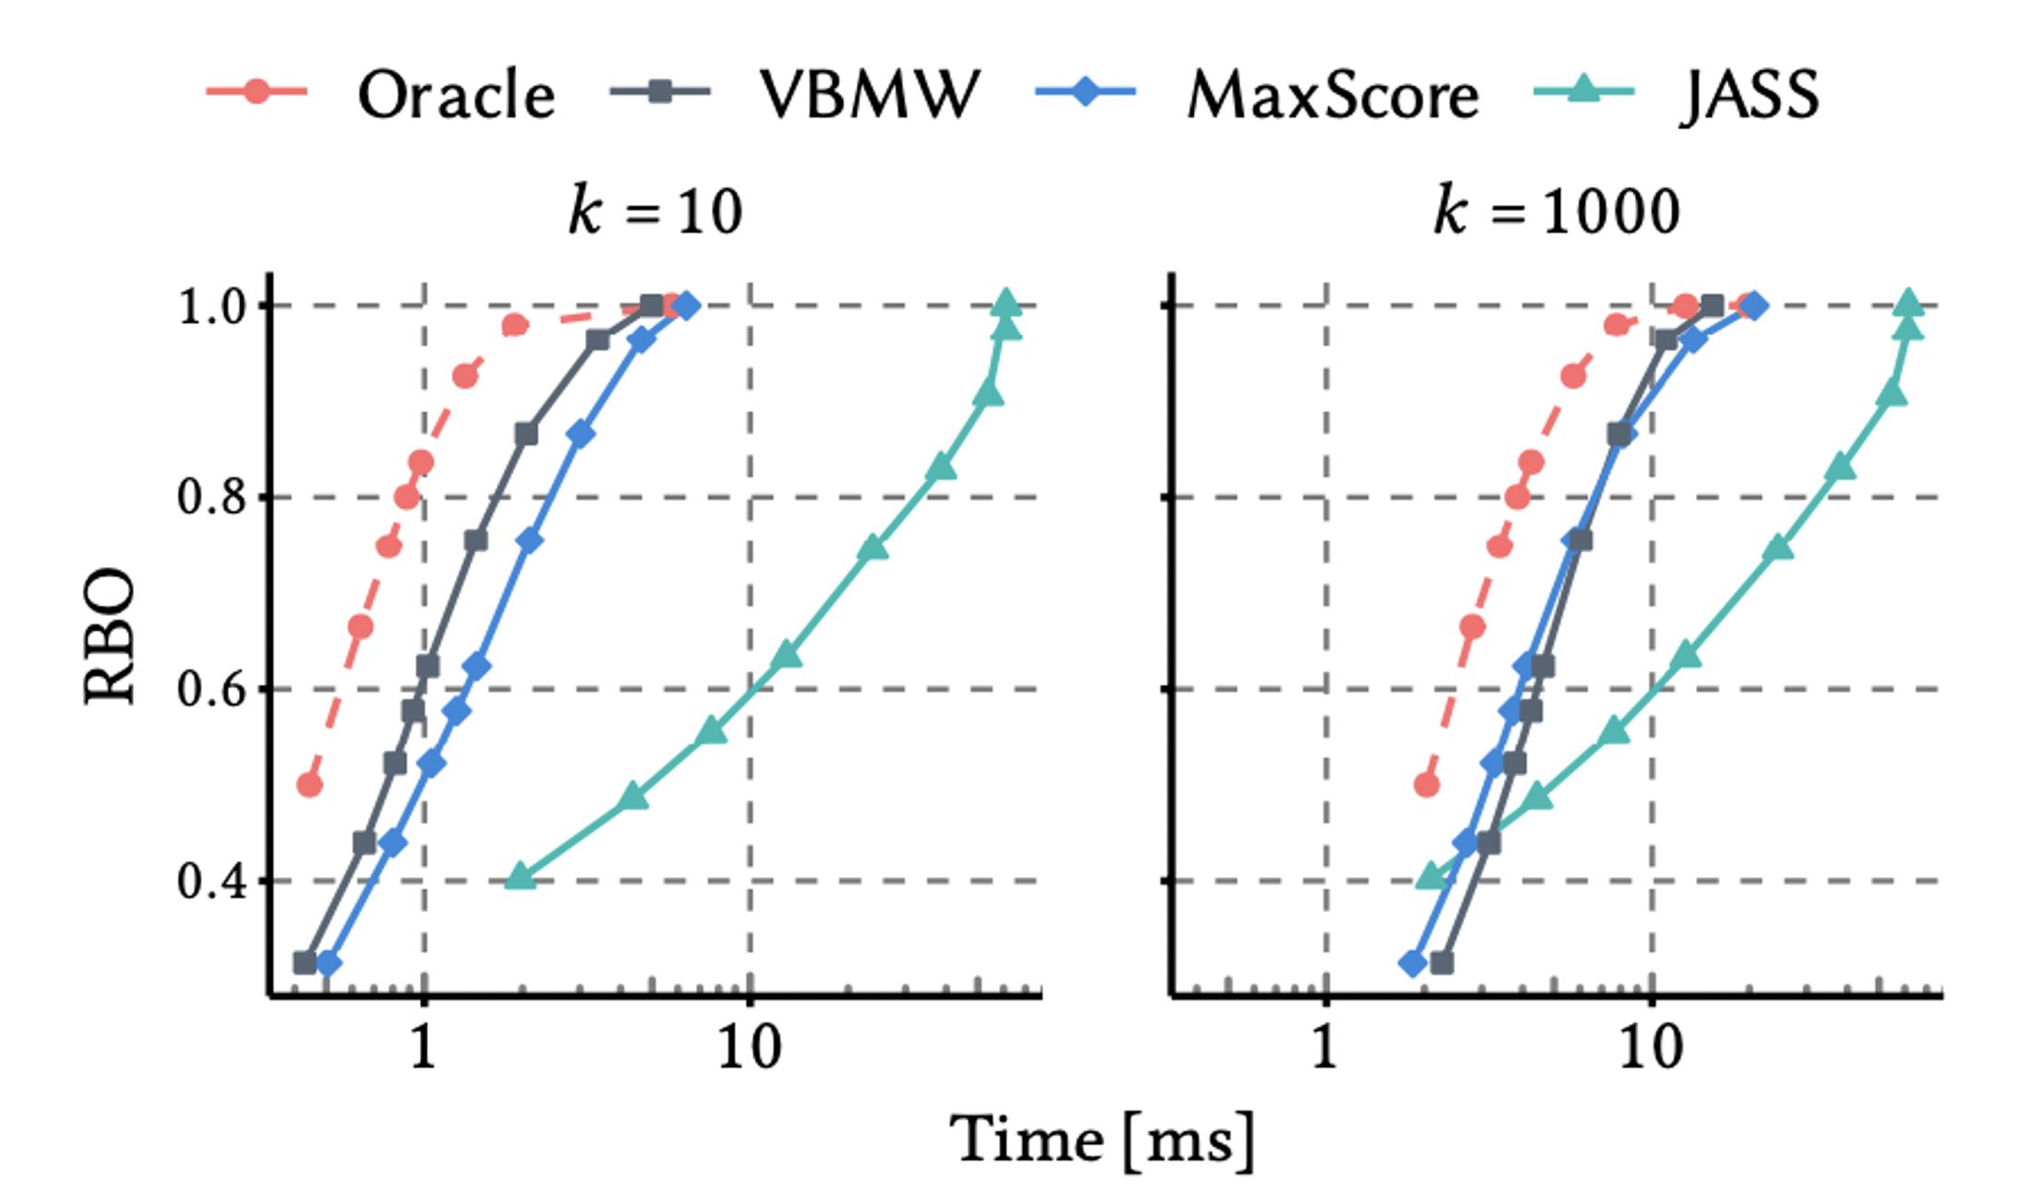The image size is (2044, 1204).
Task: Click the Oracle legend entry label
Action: pyautogui.click(x=456, y=94)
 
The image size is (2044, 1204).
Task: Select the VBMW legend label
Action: pyautogui.click(x=869, y=94)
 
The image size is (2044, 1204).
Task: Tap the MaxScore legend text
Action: pyautogui.click(x=1332, y=94)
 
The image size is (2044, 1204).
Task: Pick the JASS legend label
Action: pyautogui.click(x=1749, y=94)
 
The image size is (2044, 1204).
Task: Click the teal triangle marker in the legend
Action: pyautogui.click(x=1583, y=90)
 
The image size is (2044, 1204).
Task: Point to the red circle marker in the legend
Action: pyautogui.click(x=257, y=91)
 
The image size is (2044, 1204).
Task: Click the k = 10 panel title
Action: pyautogui.click(x=655, y=211)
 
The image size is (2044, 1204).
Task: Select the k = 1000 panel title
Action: pyautogui.click(x=1557, y=211)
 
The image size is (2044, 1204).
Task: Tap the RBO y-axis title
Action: pyautogui.click(x=109, y=636)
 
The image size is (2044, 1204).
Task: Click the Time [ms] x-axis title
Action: pyautogui.click(x=1102, y=1139)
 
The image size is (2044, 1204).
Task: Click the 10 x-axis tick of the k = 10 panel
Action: pyautogui.click(x=749, y=1047)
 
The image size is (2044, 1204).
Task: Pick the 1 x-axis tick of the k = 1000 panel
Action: pyautogui.click(x=1325, y=1047)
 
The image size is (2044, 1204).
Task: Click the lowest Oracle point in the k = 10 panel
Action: pyautogui.click(x=309, y=785)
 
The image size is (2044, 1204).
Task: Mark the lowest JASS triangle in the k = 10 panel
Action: pyautogui.click(x=520, y=876)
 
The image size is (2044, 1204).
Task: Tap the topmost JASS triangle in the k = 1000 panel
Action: pyautogui.click(x=1908, y=303)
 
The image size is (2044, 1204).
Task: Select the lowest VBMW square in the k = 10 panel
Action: pyautogui.click(x=305, y=963)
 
